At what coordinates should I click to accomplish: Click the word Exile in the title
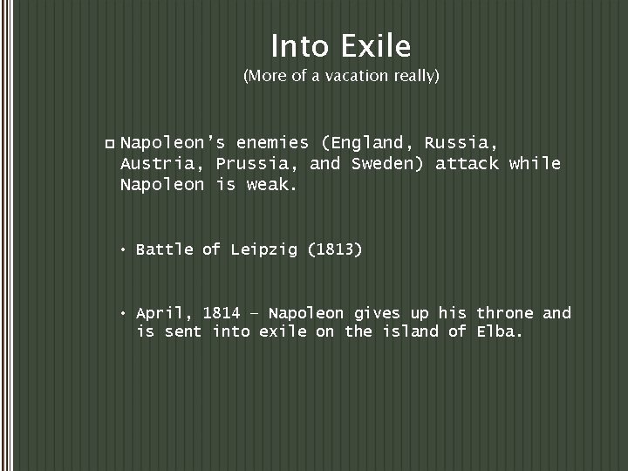(x=377, y=44)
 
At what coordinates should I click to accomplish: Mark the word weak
(x=274, y=185)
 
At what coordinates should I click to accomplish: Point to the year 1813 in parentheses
(x=334, y=249)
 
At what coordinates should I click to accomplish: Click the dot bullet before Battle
(x=126, y=250)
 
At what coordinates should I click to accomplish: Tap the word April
(x=165, y=312)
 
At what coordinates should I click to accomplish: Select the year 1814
(x=222, y=312)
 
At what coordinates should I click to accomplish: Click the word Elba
(x=500, y=331)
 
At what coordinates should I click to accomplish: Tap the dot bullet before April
(x=126, y=313)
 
